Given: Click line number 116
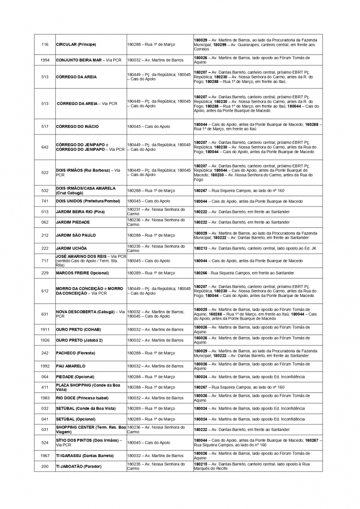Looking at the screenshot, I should tap(45, 44).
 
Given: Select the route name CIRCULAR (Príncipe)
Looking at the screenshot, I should tap(76, 44).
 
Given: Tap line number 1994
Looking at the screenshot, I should tap(45, 60).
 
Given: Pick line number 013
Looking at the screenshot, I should tap(45, 212).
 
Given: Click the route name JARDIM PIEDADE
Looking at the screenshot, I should tap(73, 222).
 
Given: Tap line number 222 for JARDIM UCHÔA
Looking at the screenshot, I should tap(45, 248).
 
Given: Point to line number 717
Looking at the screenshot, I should tap(45, 260).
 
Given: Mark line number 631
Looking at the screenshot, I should tap(45, 314).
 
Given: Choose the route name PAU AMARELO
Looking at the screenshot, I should tap(71, 366).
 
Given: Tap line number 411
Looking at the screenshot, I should tap(45, 387).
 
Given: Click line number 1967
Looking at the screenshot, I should tap(45, 456).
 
